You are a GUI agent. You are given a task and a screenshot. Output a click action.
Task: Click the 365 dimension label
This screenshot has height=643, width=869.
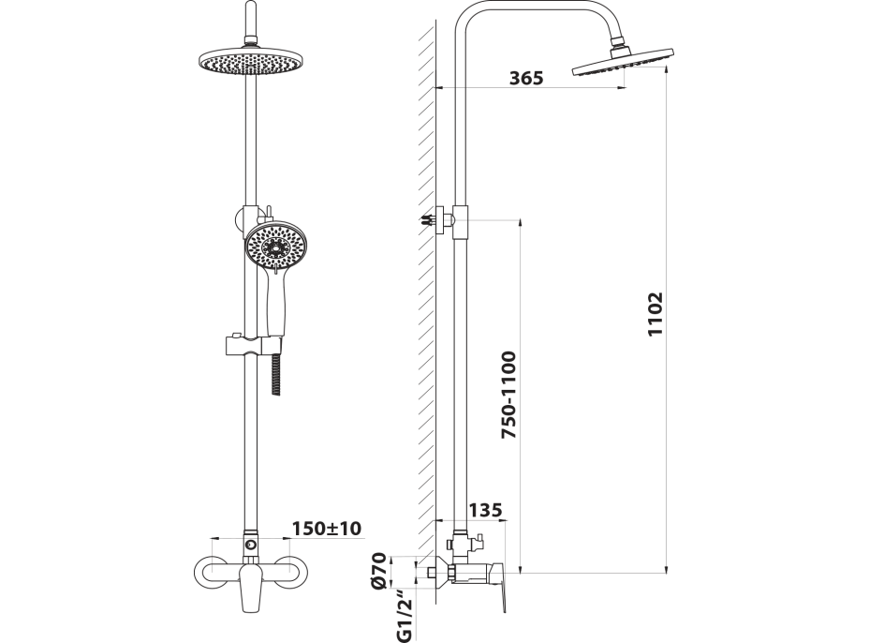[526, 78]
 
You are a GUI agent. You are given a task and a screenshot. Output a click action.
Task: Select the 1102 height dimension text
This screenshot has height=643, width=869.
[655, 313]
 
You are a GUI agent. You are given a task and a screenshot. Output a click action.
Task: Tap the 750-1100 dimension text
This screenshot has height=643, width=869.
[508, 395]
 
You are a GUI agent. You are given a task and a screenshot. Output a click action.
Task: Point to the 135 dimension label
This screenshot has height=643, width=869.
[485, 510]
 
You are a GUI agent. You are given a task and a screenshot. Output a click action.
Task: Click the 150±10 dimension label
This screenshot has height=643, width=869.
[327, 528]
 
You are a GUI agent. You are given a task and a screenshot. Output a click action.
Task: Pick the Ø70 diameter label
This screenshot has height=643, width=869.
[379, 570]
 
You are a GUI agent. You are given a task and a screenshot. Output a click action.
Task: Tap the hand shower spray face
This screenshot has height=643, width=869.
[275, 247]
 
